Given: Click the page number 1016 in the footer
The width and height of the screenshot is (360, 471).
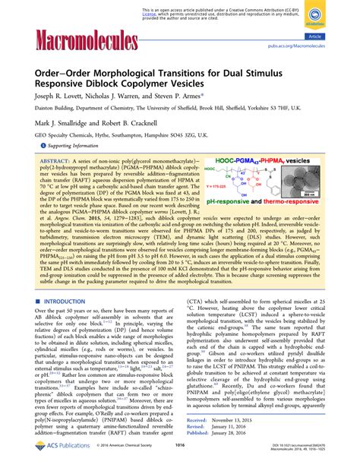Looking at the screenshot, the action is coord(180,459).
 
